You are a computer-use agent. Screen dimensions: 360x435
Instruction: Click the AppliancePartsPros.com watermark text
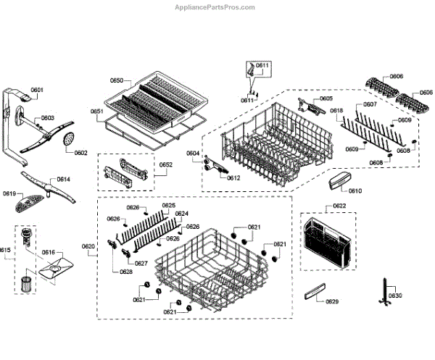tap(215, 7)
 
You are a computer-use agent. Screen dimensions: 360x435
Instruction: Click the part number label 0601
tap(37, 90)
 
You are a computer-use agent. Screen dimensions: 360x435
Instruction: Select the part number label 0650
tap(117, 80)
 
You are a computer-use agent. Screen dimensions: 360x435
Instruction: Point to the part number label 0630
tap(394, 296)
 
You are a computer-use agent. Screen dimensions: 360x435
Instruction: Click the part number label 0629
tap(332, 301)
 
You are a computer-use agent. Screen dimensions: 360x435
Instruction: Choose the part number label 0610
tap(355, 191)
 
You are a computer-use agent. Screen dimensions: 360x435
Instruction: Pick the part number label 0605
tap(326, 98)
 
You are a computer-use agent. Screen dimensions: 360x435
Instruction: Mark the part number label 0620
tap(88, 247)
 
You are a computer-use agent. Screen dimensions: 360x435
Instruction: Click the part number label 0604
tap(192, 154)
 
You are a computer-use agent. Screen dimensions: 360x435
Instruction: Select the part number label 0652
tap(166, 165)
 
